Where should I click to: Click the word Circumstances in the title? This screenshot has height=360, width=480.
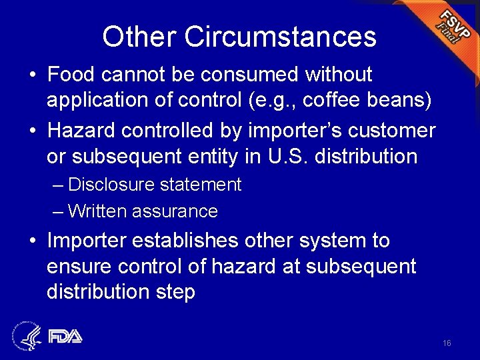pyautogui.click(x=280, y=37)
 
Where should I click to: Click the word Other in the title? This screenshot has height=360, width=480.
pyautogui.click(x=139, y=37)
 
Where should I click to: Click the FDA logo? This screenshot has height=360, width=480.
pyautogui.click(x=64, y=336)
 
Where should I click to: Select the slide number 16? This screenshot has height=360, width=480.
pyautogui.click(x=447, y=343)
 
